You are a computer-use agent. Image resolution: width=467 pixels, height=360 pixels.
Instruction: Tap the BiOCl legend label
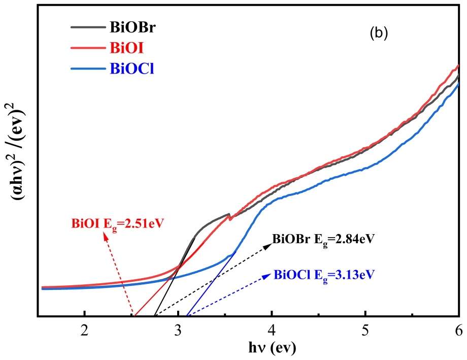pyautogui.click(x=131, y=69)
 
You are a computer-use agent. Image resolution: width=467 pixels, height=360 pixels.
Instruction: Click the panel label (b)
pyautogui.click(x=378, y=34)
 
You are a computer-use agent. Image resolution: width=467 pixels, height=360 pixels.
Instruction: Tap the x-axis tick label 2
pyautogui.click(x=84, y=330)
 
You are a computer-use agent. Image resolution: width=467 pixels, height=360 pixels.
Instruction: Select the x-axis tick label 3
pyautogui.click(x=178, y=330)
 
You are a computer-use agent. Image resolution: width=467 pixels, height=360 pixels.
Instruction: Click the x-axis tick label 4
pyautogui.click(x=272, y=330)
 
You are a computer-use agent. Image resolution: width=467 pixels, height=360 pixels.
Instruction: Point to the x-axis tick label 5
pyautogui.click(x=365, y=330)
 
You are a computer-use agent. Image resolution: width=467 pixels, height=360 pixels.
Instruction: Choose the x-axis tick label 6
pyautogui.click(x=458, y=330)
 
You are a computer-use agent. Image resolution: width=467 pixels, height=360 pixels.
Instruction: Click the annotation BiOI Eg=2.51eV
pyautogui.click(x=119, y=222)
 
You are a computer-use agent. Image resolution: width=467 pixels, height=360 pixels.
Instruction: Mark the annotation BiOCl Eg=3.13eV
pyautogui.click(x=324, y=275)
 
